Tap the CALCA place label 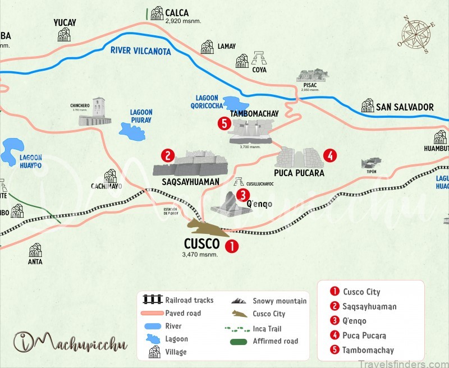pyautogui.click(x=177, y=12)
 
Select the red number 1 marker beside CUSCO pyautogui.click(x=231, y=246)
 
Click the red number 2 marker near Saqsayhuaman pyautogui.click(x=167, y=155)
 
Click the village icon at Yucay pyautogui.click(x=64, y=35)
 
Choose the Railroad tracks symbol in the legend pyautogui.click(x=153, y=300)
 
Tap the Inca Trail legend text pyautogui.click(x=267, y=329)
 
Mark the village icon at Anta pyautogui.click(x=35, y=250)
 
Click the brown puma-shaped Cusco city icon pyautogui.click(x=204, y=228)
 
